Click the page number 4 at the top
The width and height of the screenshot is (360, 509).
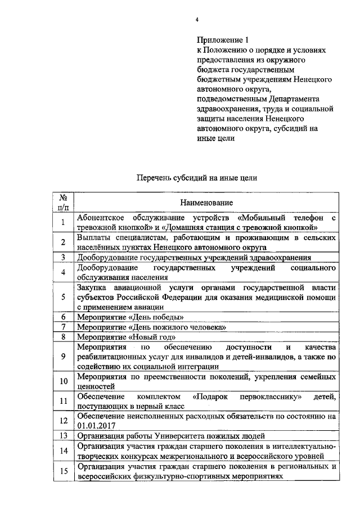point(197,20)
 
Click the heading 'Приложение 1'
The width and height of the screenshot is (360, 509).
point(222,40)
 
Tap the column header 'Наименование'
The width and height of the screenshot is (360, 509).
point(206,202)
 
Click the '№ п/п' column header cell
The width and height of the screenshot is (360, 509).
point(64,202)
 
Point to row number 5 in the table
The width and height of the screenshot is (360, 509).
point(64,298)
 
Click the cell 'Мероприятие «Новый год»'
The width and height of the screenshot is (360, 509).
point(127,337)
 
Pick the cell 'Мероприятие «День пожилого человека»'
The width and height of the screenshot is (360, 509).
point(152,327)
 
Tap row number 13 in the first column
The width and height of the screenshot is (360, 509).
point(64,436)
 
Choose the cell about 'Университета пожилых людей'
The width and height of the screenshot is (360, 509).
point(171,436)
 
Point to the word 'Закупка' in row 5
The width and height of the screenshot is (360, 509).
point(92,288)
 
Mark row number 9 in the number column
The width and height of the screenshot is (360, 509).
point(64,356)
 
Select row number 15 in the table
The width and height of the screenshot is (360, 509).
point(64,471)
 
